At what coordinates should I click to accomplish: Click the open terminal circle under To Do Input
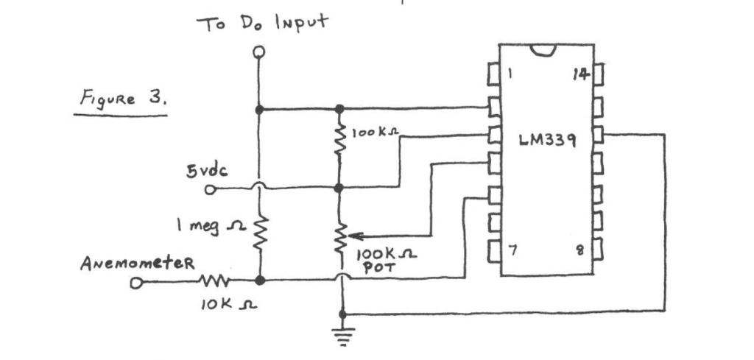pos(258,52)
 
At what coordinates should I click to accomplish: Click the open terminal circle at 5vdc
pos(210,189)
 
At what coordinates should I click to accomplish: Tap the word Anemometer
pos(127,263)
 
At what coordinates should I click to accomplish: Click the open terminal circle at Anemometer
pos(134,282)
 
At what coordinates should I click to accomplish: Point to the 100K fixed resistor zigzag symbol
pos(339,140)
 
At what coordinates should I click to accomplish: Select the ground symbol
pos(341,336)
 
